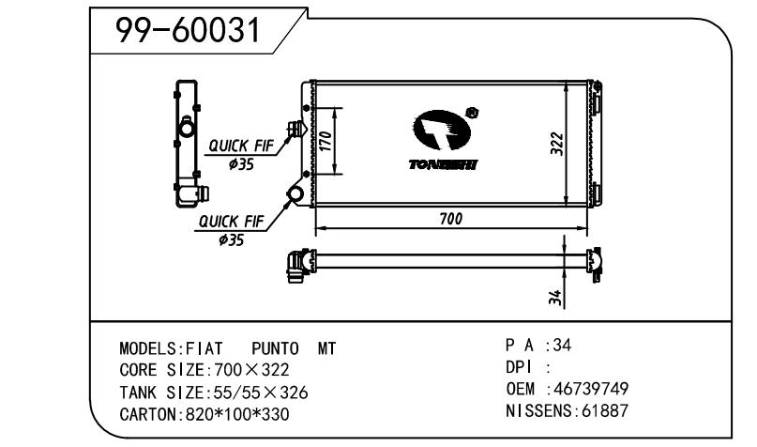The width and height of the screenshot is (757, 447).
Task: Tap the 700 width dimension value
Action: tap(450, 218)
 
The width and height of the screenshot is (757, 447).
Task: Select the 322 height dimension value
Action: tap(555, 144)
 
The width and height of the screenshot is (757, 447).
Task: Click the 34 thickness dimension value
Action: tap(555, 298)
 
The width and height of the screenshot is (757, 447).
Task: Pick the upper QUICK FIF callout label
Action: tap(240, 146)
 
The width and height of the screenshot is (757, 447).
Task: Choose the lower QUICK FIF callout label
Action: tap(229, 223)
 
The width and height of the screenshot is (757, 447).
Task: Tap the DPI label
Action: tap(520, 367)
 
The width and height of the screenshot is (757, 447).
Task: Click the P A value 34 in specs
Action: tap(561, 346)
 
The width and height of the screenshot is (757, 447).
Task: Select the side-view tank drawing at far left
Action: tap(189, 146)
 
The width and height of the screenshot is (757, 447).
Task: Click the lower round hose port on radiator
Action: tap(296, 195)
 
